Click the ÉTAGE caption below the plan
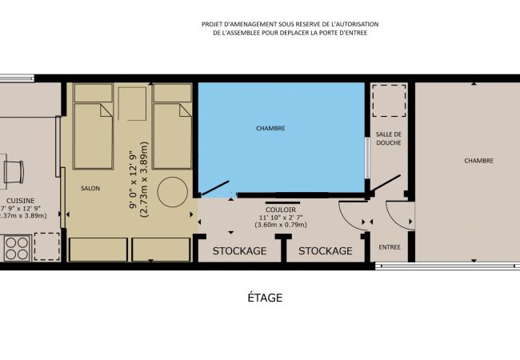265,298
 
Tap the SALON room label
90,188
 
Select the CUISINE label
19,200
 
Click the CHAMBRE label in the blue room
270,128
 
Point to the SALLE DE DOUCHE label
388,138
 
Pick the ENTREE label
389,247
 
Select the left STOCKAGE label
239,251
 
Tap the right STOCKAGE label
325,251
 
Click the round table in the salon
172,192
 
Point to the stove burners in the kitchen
17,248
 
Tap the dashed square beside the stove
47,247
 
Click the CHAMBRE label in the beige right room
478,161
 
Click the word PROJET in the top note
214,25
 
